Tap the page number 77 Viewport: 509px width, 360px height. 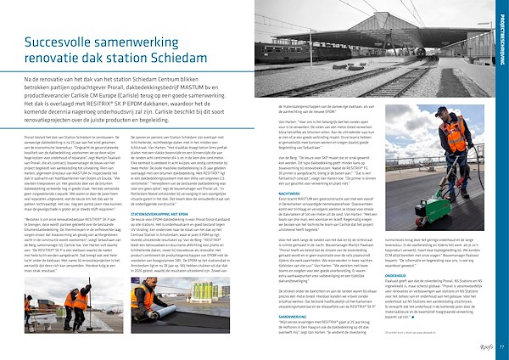pyautogui.click(x=501, y=346)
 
